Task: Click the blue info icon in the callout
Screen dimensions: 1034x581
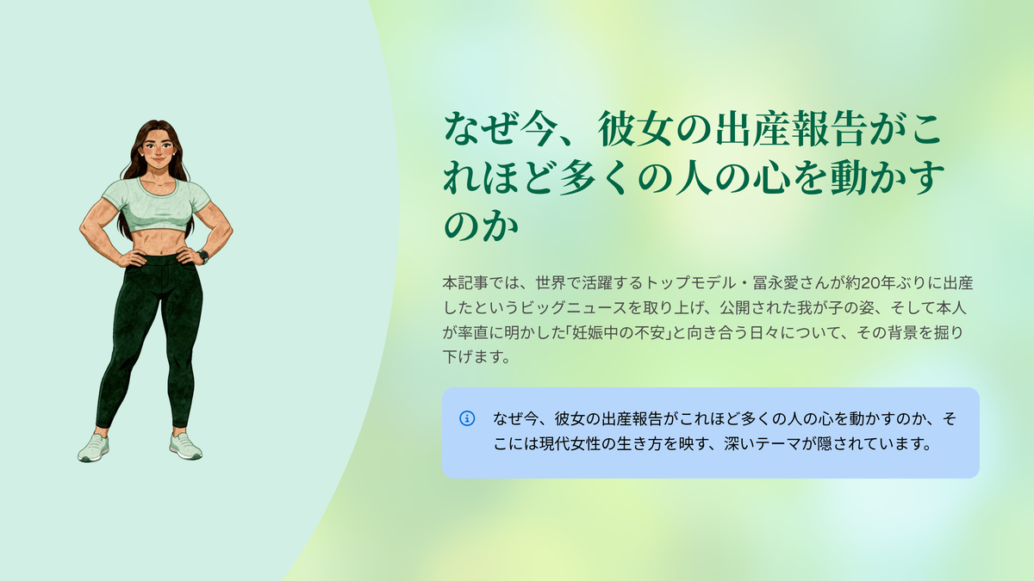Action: (467, 418)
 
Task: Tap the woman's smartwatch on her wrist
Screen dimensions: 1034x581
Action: (203, 255)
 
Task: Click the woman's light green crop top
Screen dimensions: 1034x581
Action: (156, 204)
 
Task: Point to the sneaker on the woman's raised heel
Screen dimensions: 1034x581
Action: (94, 448)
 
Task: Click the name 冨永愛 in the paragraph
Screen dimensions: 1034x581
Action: (776, 282)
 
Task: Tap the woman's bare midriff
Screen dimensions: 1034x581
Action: (157, 241)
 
